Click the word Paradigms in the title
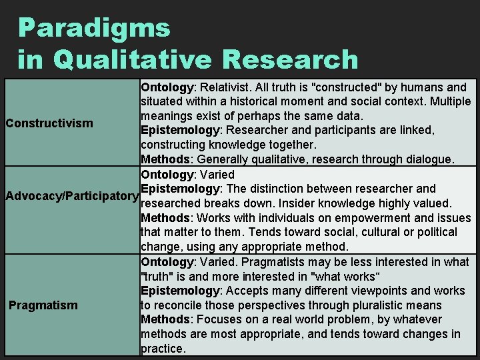(94, 28)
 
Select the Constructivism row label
(49, 123)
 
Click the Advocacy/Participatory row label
(71, 196)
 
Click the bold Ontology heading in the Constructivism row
(167, 87)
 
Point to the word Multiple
(447, 101)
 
